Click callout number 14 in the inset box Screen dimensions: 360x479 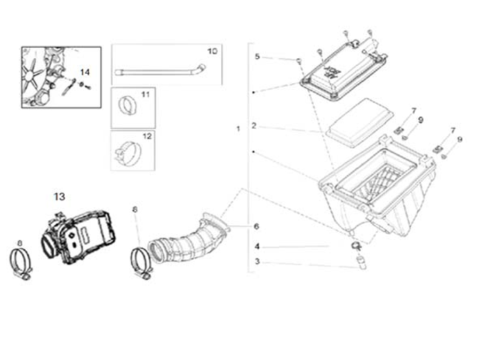click(x=85, y=71)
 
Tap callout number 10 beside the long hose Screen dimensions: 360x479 click(x=211, y=52)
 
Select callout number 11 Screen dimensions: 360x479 click(x=144, y=95)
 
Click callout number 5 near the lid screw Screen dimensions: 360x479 click(x=257, y=57)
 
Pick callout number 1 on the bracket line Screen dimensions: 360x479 click(x=238, y=129)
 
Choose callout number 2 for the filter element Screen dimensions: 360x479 click(x=254, y=126)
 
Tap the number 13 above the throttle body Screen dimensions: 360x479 click(x=60, y=197)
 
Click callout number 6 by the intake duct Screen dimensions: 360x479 click(x=256, y=225)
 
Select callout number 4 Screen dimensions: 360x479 click(x=256, y=246)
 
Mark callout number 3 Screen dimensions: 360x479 click(x=256, y=261)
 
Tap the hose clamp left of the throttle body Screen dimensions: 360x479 click(x=22, y=263)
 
